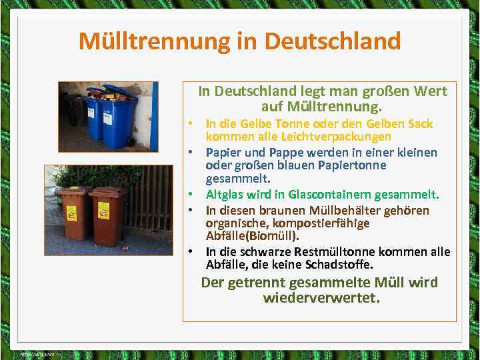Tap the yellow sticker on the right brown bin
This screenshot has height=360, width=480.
(x=103, y=211)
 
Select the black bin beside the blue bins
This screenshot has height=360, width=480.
(x=73, y=110)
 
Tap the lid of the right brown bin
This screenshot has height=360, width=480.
(x=107, y=192)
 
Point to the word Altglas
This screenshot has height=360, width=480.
(x=225, y=195)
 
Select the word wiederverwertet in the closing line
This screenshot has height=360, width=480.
(x=321, y=298)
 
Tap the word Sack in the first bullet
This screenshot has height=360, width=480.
(x=419, y=124)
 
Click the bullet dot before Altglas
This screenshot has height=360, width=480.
(x=191, y=195)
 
